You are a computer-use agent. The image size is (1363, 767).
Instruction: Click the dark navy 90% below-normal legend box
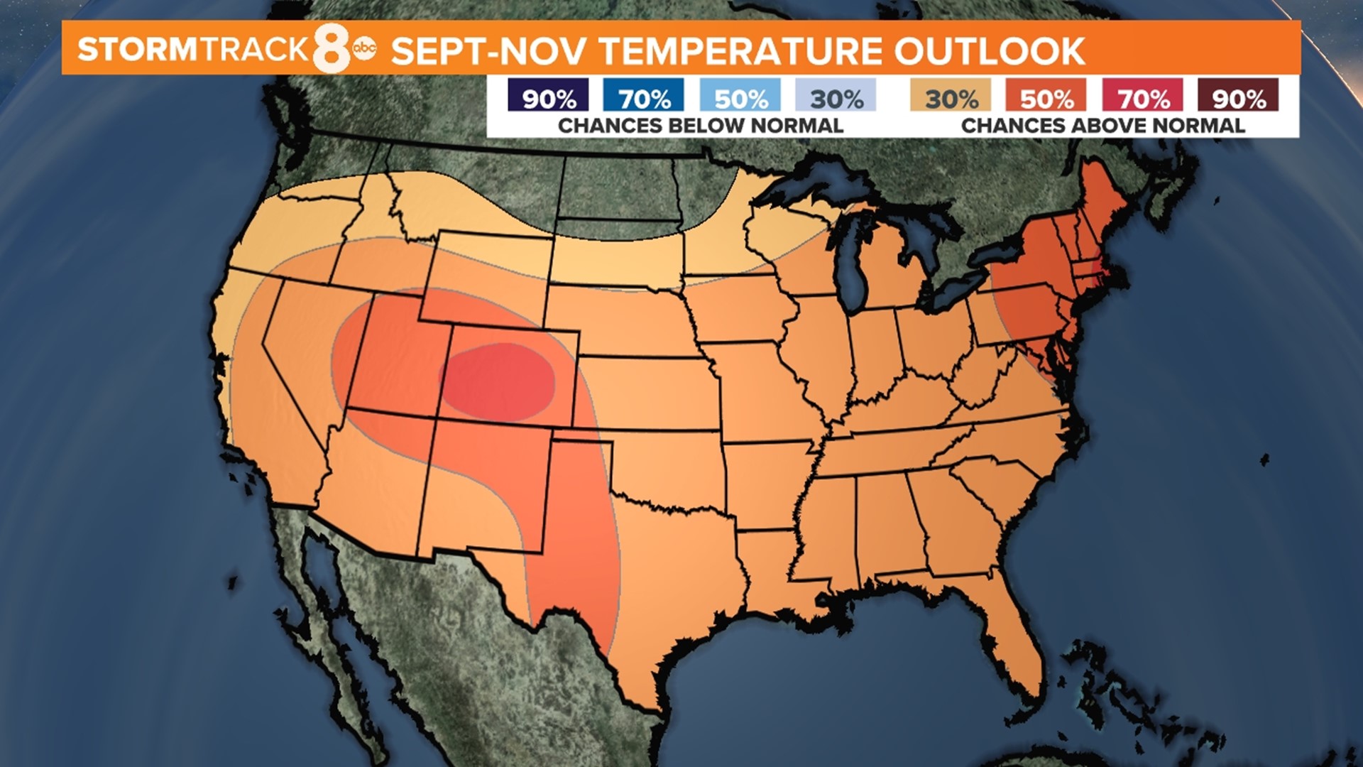[548, 96]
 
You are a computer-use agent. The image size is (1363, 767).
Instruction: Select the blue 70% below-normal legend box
[643, 96]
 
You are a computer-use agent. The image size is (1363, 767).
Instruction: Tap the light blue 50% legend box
[740, 96]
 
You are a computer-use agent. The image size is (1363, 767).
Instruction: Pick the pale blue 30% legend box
[836, 96]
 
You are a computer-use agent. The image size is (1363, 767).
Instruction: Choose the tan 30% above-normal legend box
[951, 96]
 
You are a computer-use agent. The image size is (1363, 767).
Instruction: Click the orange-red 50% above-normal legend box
[1046, 96]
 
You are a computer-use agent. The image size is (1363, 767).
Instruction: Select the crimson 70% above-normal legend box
[1142, 96]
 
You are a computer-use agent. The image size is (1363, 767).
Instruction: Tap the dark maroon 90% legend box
[1238, 96]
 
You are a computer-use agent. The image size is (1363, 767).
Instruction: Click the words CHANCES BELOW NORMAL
[700, 126]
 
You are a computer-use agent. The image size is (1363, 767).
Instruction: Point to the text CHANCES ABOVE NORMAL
[1102, 126]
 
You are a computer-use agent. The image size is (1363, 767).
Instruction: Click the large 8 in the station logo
[332, 48]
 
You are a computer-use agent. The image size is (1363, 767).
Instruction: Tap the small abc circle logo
[365, 48]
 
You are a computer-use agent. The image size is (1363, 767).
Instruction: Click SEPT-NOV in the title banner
[488, 50]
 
